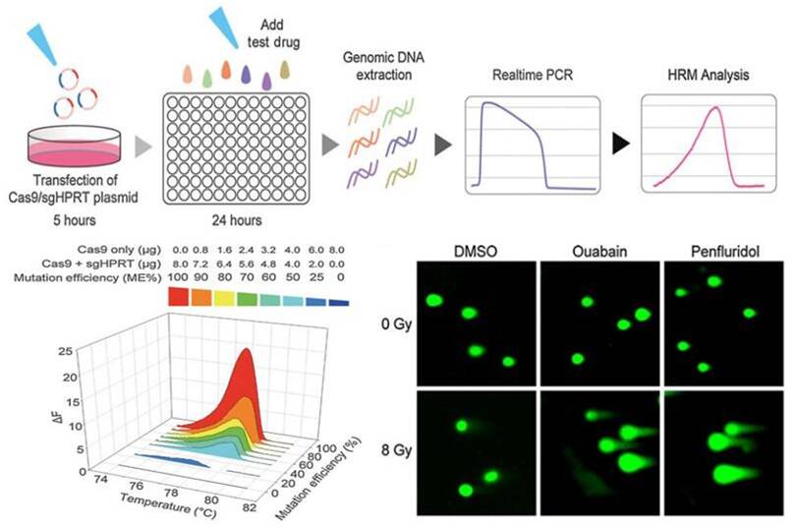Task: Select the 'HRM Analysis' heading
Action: click(704, 76)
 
